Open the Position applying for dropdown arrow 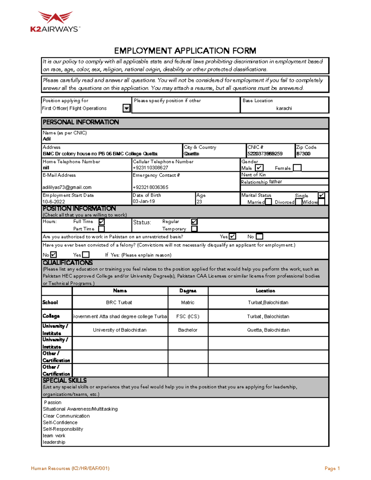126,108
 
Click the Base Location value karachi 284,108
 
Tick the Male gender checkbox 259,168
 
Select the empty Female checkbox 297,168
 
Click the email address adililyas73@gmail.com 67,187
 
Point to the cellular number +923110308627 150,168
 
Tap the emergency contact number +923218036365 150,187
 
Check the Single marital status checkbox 322,195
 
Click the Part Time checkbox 101,229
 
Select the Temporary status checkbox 194,229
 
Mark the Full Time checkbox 101,222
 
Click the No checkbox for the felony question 53,255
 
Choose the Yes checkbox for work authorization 232,236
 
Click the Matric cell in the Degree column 188,303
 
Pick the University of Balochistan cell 120,330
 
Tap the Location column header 265,291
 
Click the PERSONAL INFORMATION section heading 81,122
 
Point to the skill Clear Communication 66,416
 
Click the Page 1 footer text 332,469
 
